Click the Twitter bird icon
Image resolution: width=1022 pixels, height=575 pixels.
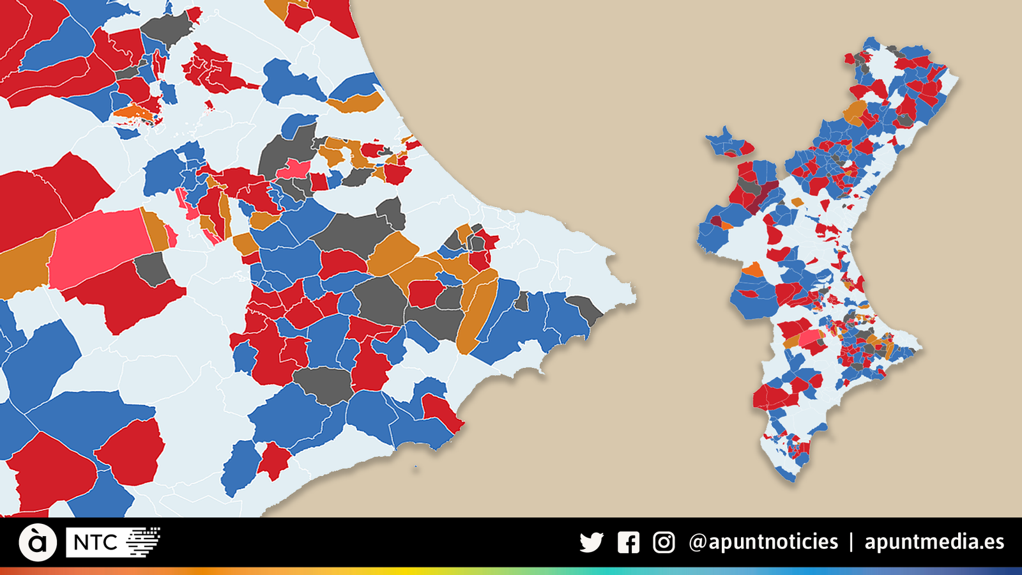[x=591, y=542]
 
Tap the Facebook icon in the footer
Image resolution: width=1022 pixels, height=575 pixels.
[x=629, y=542]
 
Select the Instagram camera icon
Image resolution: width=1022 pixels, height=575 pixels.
[x=664, y=542]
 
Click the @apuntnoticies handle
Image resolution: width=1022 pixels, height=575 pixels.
[x=763, y=542]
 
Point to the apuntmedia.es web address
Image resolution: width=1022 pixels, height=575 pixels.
[x=934, y=542]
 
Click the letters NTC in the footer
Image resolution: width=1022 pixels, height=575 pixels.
[x=95, y=542]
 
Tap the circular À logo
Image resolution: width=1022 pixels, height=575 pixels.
[x=38, y=542]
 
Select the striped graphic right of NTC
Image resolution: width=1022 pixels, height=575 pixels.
[x=143, y=542]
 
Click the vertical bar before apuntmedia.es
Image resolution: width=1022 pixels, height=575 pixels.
[x=851, y=542]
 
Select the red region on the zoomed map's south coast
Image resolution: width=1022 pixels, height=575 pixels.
[x=441, y=412]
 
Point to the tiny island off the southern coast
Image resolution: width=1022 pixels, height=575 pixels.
[x=415, y=467]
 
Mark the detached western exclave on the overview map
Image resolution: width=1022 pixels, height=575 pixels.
[x=728, y=143]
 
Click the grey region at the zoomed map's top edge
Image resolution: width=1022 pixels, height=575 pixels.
[x=167, y=28]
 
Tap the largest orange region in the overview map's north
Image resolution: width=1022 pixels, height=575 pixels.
[x=855, y=112]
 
